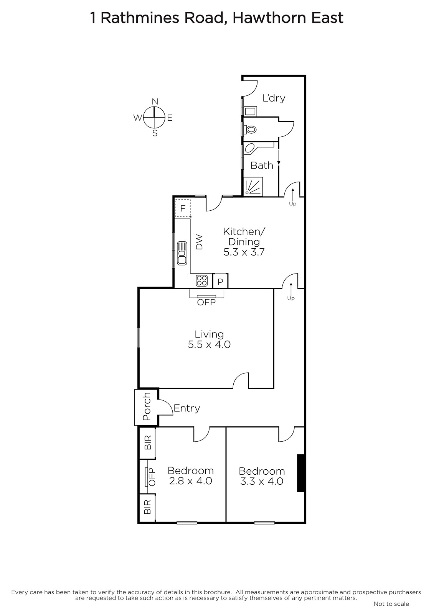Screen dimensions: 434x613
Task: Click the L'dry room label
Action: (274, 98)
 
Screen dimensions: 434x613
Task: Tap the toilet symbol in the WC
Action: (251, 129)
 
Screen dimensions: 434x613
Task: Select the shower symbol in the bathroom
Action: (253, 187)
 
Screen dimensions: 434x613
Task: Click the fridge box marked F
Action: (183, 208)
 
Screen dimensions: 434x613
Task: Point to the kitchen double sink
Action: (182, 253)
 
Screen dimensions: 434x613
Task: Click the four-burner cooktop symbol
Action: (202, 281)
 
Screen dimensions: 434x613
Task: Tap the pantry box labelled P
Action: (220, 281)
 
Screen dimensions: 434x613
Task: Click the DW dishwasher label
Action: (199, 242)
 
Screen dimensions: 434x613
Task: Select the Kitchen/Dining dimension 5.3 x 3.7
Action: (244, 252)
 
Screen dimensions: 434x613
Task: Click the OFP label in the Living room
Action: (206, 302)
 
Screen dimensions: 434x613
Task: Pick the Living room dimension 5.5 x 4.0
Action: (209, 344)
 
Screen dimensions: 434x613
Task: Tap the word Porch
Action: (147, 406)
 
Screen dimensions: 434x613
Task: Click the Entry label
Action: (187, 408)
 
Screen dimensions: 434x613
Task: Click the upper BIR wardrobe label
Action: (147, 443)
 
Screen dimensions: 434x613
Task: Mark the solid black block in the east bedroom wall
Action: (301, 473)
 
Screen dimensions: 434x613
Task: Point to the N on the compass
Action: (155, 102)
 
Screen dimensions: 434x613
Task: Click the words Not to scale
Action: (391, 603)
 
